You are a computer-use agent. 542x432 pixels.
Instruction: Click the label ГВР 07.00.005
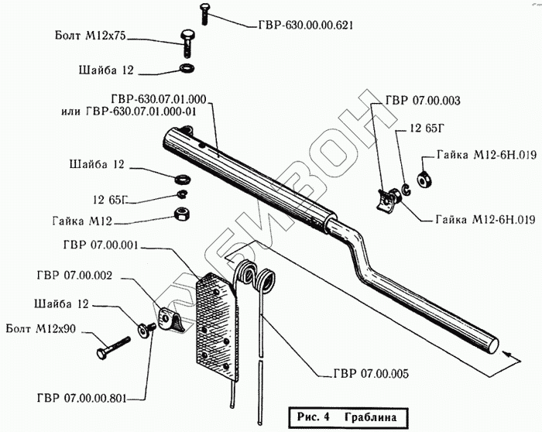click(x=370, y=374)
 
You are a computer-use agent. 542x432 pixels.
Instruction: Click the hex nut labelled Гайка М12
click(x=181, y=213)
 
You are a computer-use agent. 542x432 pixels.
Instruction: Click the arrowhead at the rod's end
click(x=508, y=355)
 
